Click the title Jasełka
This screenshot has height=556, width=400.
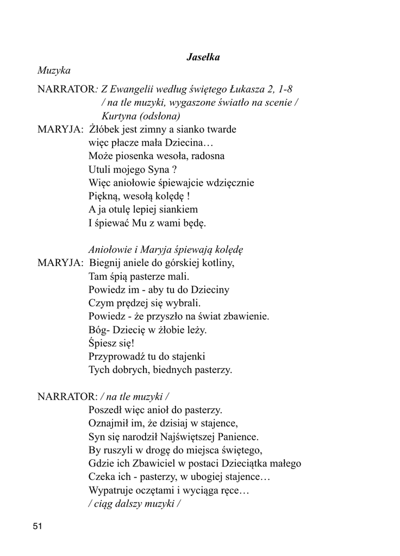click(203, 57)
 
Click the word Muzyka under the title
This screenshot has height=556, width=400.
click(54, 70)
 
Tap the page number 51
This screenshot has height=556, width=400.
click(37, 526)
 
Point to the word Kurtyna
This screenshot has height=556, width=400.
click(119, 116)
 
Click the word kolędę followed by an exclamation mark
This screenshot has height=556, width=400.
click(173, 196)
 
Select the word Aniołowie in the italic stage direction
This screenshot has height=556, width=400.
click(109, 249)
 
